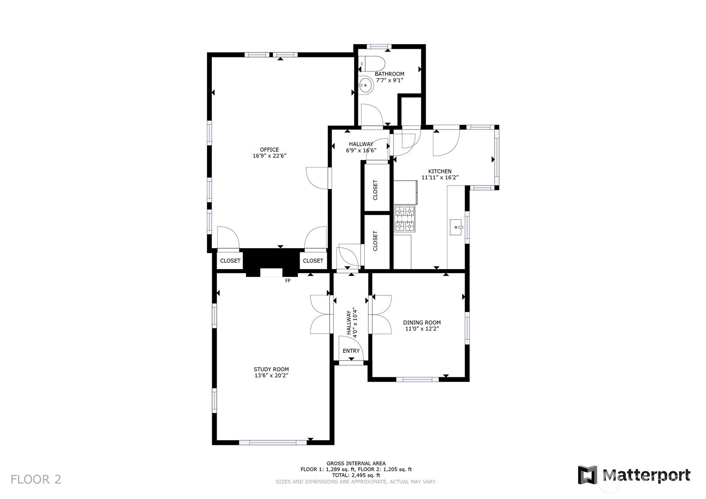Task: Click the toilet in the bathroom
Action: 372,64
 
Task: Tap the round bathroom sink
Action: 365,85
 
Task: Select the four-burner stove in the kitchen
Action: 405,219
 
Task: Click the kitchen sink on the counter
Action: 456,227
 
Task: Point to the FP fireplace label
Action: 288,280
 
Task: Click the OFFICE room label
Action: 269,150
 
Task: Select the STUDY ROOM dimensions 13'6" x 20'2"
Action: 271,376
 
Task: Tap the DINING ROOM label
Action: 422,322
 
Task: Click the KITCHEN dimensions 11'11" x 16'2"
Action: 440,177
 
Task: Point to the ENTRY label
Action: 351,351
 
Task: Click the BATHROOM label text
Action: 389,74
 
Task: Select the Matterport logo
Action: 634,475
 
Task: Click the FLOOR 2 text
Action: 36,479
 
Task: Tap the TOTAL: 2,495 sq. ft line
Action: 356,475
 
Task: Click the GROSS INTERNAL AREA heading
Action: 356,463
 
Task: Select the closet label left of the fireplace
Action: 230,261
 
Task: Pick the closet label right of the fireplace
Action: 313,261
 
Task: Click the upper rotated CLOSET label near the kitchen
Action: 375,190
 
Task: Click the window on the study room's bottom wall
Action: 273,442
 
